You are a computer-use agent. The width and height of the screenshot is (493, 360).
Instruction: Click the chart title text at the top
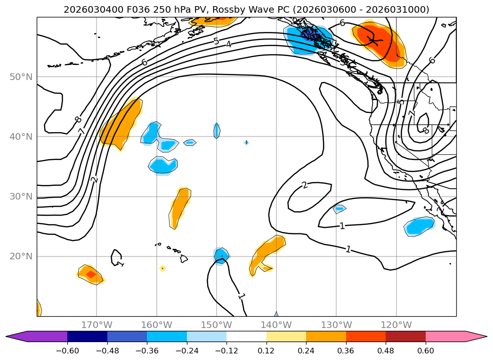point(246,9)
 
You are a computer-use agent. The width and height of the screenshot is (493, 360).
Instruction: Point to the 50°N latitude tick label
point(21,77)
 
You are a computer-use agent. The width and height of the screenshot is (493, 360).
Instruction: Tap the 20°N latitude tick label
point(21,256)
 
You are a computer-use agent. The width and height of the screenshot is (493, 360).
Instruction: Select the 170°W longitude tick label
point(97,325)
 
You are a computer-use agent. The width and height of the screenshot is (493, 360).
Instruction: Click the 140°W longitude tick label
point(276,325)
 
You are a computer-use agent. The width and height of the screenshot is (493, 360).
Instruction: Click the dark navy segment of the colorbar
point(87,336)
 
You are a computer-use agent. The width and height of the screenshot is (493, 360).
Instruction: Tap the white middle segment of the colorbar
point(246,336)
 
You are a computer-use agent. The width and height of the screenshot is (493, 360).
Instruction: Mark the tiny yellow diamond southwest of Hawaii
point(162,268)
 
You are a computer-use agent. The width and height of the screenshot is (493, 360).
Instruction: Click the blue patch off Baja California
point(419,226)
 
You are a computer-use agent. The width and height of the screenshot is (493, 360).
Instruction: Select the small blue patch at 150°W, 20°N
point(221,256)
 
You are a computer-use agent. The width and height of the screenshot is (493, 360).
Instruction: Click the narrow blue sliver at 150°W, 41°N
point(217,130)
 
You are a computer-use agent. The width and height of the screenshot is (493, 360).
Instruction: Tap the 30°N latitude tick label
point(21,197)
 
